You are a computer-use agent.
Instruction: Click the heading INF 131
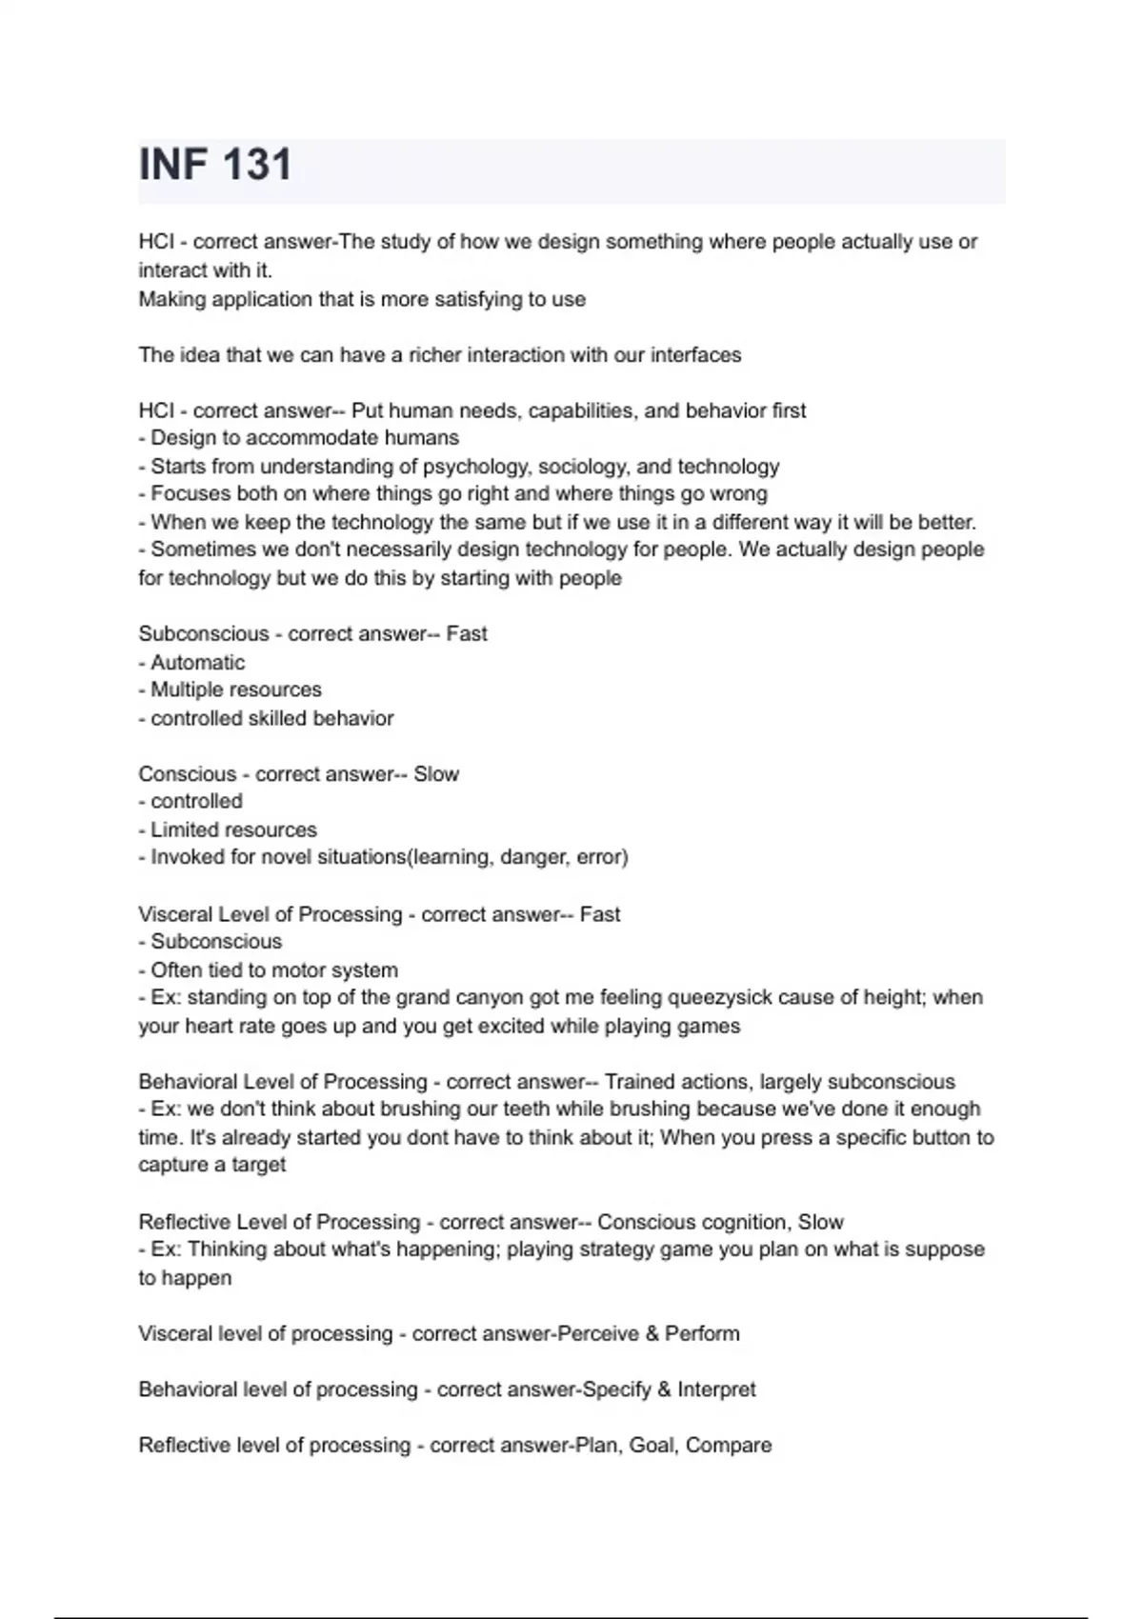click(215, 165)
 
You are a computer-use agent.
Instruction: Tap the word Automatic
click(197, 663)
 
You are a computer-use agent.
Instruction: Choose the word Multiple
click(189, 690)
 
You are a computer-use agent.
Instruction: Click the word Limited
click(187, 830)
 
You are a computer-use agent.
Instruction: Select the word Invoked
click(187, 857)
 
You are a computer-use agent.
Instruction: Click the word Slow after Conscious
click(436, 774)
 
